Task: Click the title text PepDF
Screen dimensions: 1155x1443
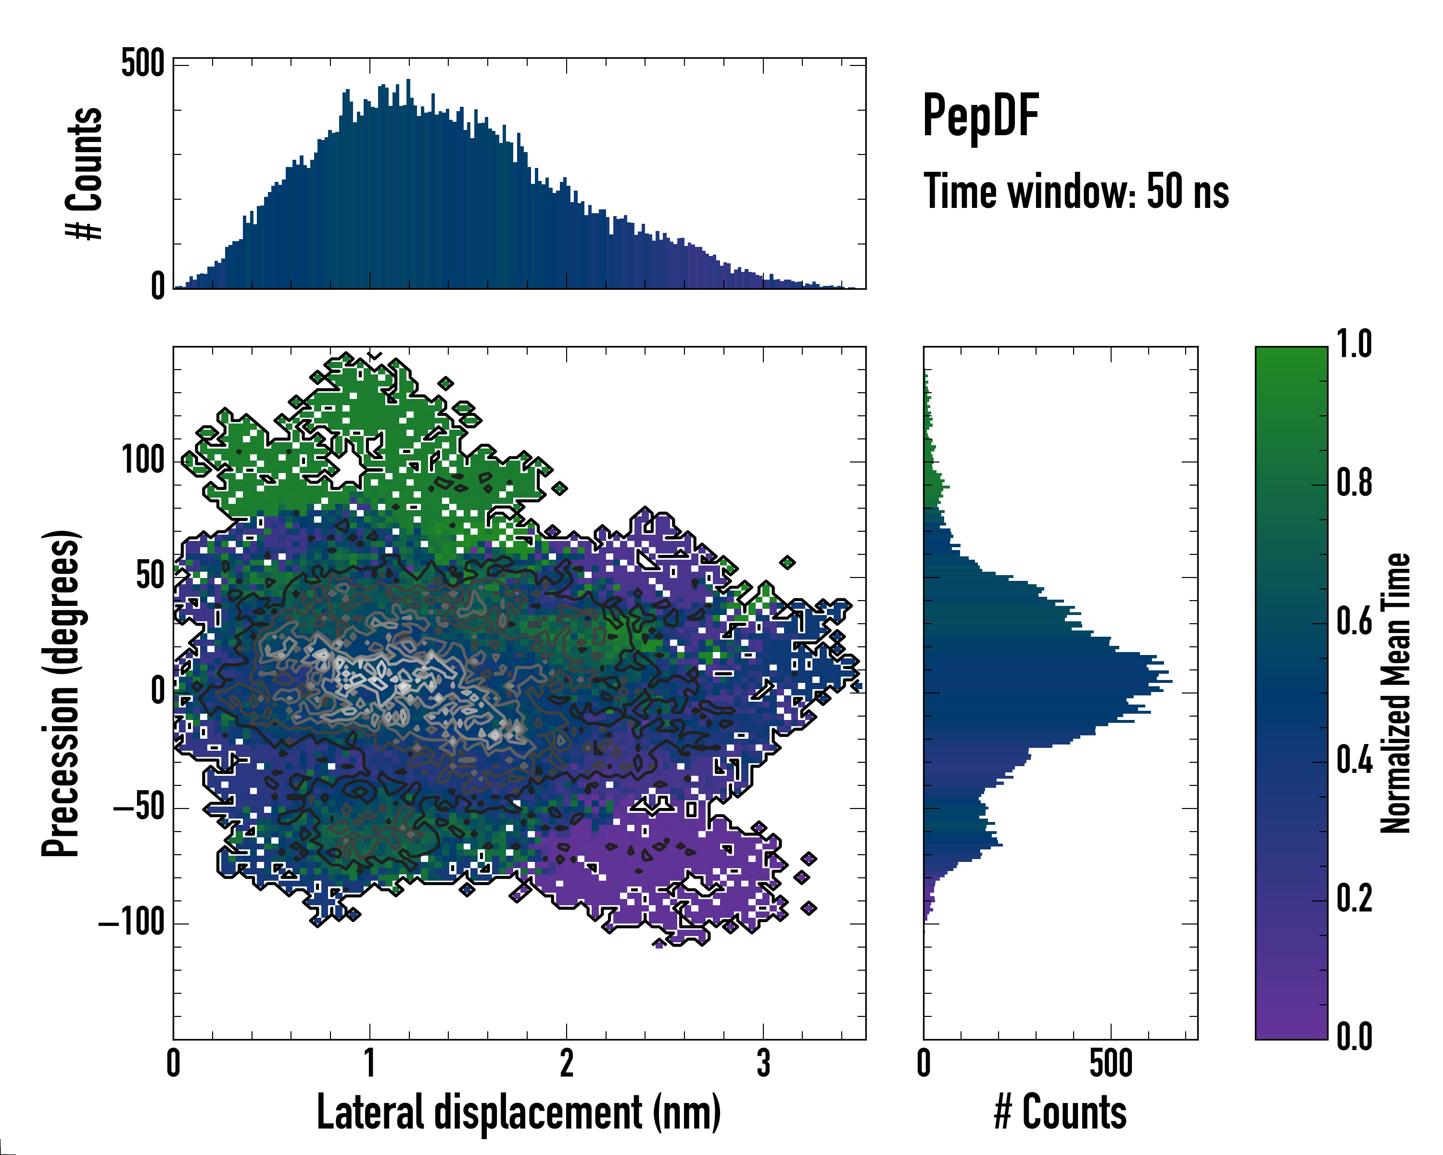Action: point(980,116)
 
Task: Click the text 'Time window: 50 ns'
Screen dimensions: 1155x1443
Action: point(1076,192)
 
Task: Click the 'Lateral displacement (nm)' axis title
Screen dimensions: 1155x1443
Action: point(519,1112)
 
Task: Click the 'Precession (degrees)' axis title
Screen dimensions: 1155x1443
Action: point(62,693)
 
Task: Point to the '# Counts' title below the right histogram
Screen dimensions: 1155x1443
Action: point(1060,1112)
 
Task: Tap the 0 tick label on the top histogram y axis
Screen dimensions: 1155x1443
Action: point(157,286)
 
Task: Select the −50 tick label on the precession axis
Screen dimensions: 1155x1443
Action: point(139,808)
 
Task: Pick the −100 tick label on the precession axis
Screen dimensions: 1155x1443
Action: point(132,924)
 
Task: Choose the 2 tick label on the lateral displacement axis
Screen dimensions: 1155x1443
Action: point(566,1063)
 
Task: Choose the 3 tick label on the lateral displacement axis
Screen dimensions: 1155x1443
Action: point(764,1063)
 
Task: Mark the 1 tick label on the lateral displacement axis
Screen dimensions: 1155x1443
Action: point(369,1063)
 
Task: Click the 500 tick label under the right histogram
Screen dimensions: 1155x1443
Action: point(1111,1063)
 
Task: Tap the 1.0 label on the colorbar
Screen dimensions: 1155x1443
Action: point(1354,345)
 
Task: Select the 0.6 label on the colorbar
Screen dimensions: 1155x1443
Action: point(1354,622)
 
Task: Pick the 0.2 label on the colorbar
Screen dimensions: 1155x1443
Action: point(1354,899)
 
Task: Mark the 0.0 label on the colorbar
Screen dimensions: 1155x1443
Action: point(1354,1037)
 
